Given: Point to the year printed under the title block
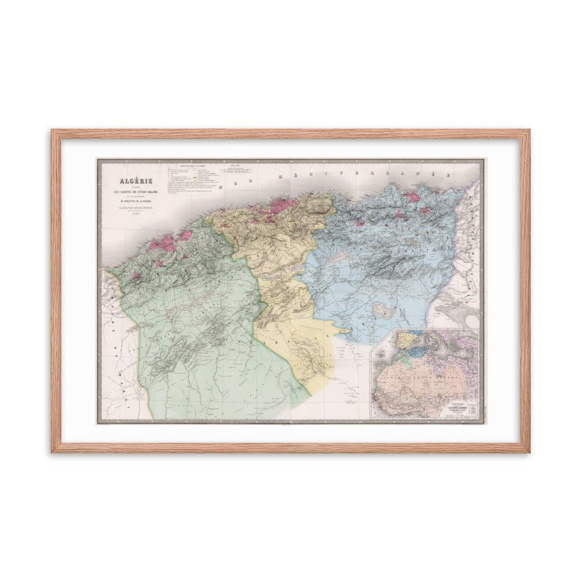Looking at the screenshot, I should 132,214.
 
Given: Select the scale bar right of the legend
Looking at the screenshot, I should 236,171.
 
